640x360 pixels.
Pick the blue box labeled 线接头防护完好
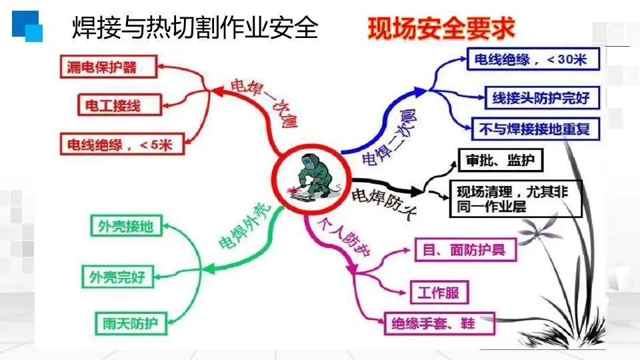point(541,98)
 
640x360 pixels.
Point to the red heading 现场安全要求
point(441,29)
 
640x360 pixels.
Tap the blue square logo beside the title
point(27,26)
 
